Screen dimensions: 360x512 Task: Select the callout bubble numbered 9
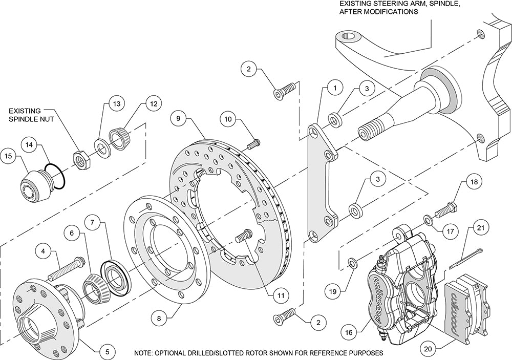tap(178, 118)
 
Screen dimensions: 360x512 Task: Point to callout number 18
tap(473, 182)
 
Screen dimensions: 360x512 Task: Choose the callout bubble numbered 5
tap(106, 352)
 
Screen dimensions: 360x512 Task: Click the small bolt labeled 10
tap(254, 143)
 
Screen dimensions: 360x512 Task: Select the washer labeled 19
tap(352, 263)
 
